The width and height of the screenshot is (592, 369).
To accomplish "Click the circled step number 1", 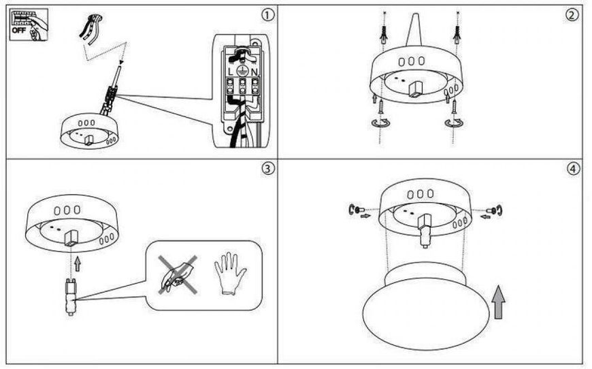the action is click(267, 15).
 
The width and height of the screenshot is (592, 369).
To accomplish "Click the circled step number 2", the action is click(572, 15).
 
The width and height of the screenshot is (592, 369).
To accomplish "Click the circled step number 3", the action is click(267, 168).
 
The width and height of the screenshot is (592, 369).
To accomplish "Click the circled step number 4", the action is click(573, 169).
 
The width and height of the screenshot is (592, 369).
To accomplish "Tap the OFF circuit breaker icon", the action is click(29, 25).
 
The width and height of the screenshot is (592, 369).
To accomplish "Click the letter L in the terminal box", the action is click(231, 71).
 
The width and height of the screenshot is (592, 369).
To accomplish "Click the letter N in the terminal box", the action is click(254, 71).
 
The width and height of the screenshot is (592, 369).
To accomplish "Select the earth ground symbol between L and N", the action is click(242, 71).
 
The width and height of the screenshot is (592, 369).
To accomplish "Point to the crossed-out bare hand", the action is click(178, 274).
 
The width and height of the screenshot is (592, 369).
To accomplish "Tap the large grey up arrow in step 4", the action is click(498, 302).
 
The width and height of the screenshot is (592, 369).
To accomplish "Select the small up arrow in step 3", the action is click(78, 263).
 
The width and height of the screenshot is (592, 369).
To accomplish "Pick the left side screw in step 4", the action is click(356, 209).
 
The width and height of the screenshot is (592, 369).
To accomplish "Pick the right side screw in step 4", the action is click(495, 209).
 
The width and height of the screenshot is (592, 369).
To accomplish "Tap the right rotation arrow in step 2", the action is click(454, 123).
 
